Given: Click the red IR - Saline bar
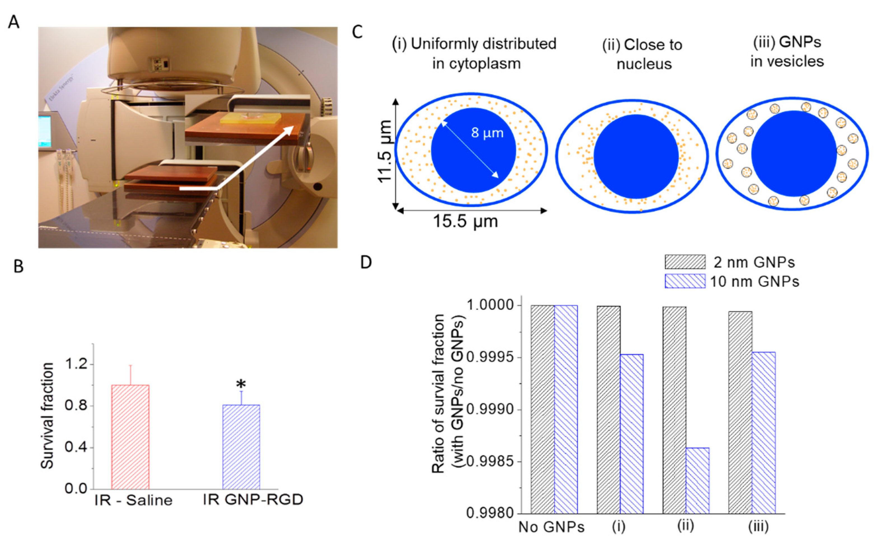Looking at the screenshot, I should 130,437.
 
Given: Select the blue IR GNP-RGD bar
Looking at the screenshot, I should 241,447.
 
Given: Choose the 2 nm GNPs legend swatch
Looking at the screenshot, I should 685,262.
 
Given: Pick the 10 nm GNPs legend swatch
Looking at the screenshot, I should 685,281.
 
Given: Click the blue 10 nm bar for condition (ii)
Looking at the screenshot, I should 697,480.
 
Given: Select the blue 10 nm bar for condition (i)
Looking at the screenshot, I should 632,433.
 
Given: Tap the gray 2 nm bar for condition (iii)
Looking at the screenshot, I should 740,412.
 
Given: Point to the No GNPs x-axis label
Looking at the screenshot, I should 551,527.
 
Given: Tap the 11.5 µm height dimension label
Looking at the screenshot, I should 385,152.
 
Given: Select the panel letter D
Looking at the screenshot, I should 366,262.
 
